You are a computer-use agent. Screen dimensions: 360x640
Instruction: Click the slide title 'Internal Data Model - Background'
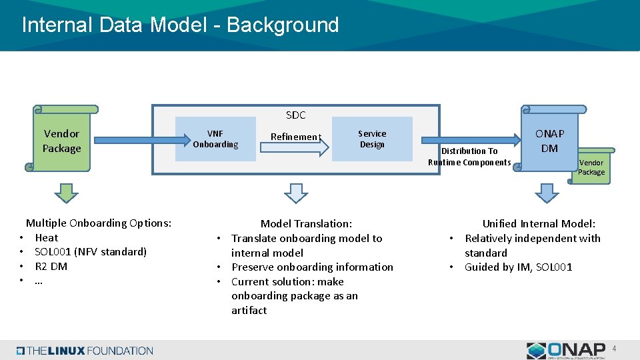coord(180,25)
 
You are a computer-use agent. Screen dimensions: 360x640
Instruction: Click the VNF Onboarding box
coord(215,139)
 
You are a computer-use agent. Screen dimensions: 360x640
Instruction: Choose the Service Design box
coord(372,139)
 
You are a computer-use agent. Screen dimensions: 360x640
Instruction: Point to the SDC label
coord(295,115)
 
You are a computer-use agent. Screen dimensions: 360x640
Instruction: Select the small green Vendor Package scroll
coord(591,167)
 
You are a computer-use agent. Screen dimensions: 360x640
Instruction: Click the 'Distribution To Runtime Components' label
coord(469,157)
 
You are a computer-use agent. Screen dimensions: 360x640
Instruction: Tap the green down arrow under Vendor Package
coord(66,193)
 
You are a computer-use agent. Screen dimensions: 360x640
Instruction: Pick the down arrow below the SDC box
coord(296,193)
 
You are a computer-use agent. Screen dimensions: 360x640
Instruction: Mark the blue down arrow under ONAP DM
coord(547,193)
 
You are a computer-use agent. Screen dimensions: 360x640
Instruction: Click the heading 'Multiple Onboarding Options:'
coord(99,223)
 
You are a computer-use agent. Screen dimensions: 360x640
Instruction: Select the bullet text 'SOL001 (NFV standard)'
coord(91,251)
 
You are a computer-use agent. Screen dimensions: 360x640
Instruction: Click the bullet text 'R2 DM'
coord(51,266)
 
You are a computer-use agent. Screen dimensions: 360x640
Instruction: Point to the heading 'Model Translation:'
coord(306,224)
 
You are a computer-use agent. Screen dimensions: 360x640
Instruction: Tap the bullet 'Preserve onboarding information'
coord(312,267)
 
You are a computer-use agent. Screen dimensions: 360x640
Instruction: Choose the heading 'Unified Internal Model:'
coord(539,224)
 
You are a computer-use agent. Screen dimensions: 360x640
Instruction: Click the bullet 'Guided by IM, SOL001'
coord(518,267)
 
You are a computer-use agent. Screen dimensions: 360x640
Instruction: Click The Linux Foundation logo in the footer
coord(85,351)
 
